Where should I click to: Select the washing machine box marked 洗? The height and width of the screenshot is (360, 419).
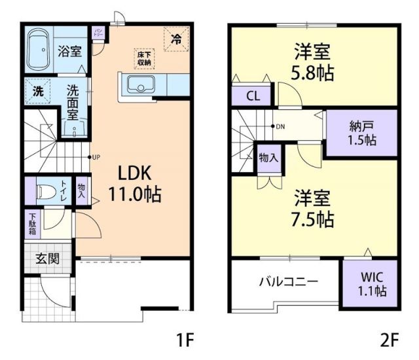(38, 92)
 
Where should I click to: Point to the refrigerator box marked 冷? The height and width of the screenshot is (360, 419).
(175, 39)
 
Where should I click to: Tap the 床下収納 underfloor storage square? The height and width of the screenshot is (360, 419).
(144, 57)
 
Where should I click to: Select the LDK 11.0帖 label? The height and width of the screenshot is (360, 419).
(135, 184)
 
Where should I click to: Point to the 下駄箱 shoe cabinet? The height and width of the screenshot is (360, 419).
(32, 224)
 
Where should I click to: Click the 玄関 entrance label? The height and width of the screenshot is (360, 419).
(46, 258)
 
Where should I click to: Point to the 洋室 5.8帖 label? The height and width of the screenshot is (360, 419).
(312, 62)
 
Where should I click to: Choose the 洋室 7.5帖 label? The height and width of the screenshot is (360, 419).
(312, 207)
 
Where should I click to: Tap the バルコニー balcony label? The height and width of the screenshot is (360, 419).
(288, 281)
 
